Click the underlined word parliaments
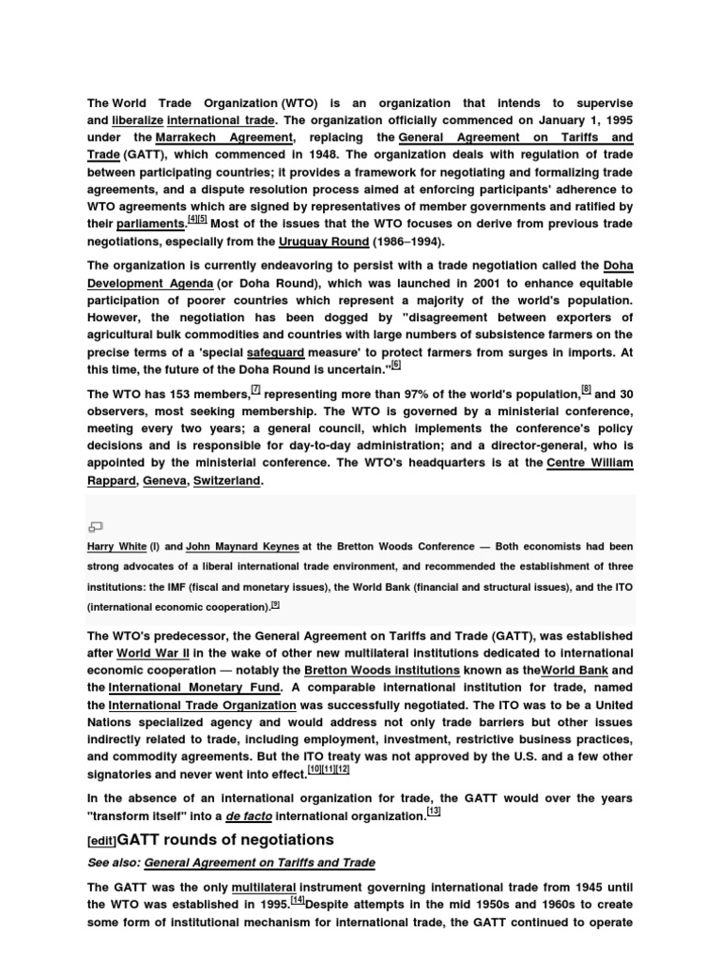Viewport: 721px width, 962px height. point(150,225)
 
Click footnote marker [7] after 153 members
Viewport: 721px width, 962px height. point(255,389)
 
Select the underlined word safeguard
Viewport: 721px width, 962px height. point(277,352)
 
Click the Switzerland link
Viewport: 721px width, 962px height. point(227,480)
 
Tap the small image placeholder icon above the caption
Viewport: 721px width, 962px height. point(95,526)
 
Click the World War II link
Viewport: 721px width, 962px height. point(149,653)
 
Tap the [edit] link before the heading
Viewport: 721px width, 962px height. point(100,839)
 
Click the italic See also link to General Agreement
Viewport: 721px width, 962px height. point(259,862)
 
